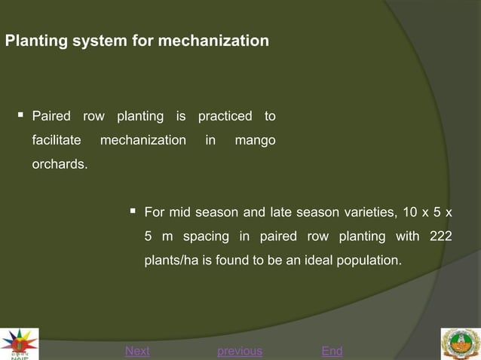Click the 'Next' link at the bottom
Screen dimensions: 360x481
[137, 351]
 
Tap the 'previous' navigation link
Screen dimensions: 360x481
[240, 351]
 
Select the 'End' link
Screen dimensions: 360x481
[332, 351]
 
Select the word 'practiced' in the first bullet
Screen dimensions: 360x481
[225, 117]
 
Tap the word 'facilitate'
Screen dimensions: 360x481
[56, 140]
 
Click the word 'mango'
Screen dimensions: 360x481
[255, 140]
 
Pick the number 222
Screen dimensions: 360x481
[440, 236]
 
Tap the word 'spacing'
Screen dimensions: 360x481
[206, 236]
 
